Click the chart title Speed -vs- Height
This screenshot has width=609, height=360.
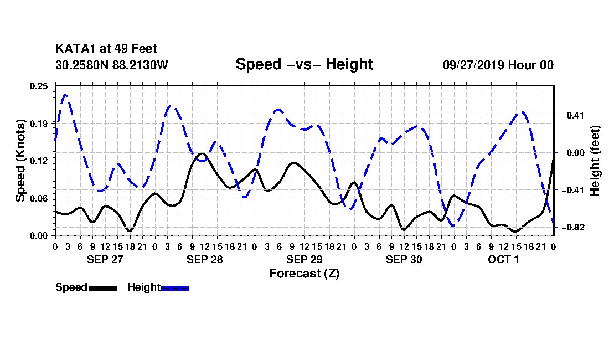304,64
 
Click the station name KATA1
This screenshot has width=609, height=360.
76,49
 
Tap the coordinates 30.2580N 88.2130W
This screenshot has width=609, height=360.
112,65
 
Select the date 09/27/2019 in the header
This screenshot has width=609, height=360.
473,65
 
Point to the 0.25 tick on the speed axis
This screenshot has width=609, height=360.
39,86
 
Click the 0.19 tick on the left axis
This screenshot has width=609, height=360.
39,124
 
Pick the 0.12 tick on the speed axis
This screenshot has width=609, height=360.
39,161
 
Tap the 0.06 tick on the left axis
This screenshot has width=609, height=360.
39,198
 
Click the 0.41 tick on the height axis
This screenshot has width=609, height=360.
576,115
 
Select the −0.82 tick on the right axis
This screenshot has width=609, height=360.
573,228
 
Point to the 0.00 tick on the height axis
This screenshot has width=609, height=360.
576,153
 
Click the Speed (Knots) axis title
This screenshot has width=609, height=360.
20,161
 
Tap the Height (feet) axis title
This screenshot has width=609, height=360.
595,161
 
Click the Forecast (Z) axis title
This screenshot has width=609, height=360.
304,274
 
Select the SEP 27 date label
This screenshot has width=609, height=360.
105,259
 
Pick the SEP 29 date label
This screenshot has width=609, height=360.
304,259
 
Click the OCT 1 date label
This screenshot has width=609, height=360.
503,259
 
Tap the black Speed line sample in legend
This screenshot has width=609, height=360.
104,288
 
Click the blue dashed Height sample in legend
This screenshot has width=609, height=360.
175,288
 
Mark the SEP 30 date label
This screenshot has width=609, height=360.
404,259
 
